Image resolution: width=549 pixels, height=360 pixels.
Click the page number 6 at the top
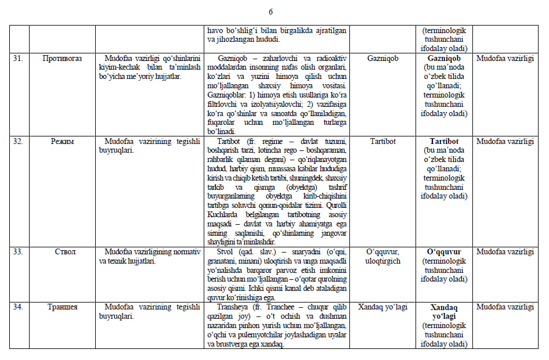click(270, 12)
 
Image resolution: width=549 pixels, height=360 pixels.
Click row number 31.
click(18, 59)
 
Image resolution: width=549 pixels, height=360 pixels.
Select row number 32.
click(18, 141)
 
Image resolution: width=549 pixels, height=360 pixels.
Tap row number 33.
click(18, 252)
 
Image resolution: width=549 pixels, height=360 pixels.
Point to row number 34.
click(18, 307)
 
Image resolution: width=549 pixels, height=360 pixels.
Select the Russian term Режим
click(62, 141)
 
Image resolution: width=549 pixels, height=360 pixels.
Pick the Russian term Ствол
click(62, 252)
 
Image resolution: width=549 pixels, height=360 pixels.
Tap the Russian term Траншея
click(62, 307)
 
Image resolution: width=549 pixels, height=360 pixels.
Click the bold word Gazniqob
click(444, 59)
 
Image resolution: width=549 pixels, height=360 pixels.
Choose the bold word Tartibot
click(444, 141)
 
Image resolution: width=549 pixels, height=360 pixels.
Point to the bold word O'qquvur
click(444, 252)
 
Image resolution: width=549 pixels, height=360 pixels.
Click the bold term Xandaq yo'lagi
click(444, 312)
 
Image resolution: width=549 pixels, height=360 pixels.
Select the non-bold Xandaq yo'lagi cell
click(383, 307)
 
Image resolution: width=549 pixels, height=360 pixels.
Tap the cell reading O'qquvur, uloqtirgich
click(383, 256)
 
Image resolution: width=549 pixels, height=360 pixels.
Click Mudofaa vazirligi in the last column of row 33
click(505, 252)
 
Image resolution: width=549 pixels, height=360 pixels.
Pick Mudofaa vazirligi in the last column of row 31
click(505, 59)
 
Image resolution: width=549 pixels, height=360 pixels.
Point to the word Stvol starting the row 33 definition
click(228, 252)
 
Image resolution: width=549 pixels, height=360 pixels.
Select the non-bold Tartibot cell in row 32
click(383, 141)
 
